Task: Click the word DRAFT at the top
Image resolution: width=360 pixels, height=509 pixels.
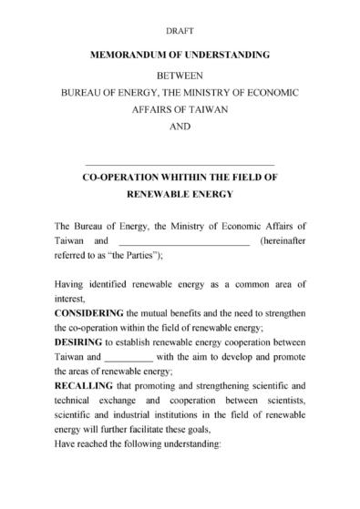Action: click(180, 30)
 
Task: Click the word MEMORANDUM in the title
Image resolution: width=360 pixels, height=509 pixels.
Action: click(136, 55)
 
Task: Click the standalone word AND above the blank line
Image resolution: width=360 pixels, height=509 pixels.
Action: click(180, 127)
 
